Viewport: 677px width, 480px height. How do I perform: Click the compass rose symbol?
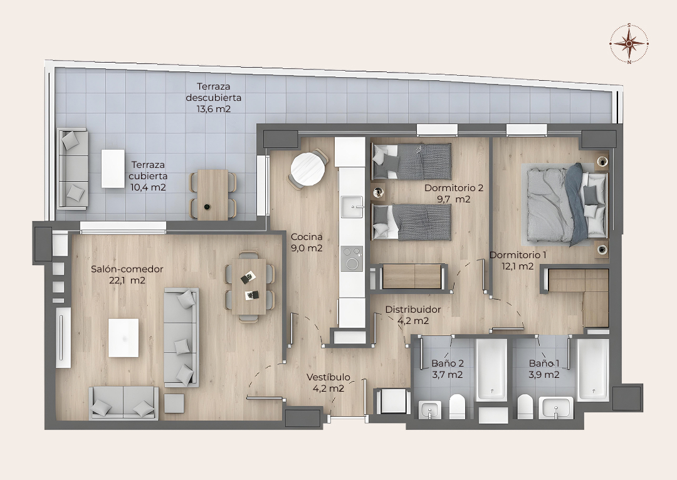pyautogui.click(x=629, y=43)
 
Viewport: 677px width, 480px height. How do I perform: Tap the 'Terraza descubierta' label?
pyautogui.click(x=213, y=92)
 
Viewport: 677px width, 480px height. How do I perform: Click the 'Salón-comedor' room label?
pyautogui.click(x=127, y=269)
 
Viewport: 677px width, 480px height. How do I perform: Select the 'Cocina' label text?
pyautogui.click(x=307, y=236)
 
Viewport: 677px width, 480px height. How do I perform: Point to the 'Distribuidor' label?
pyautogui.click(x=413, y=310)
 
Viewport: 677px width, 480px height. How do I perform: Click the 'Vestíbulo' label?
pyautogui.click(x=328, y=377)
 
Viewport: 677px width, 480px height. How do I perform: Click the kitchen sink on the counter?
pyautogui.click(x=352, y=206)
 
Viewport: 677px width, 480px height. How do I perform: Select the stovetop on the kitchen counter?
pyautogui.click(x=352, y=258)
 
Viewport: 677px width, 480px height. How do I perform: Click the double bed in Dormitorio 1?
pyautogui.click(x=566, y=204)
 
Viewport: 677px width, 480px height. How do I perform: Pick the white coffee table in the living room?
pyautogui.click(x=123, y=338)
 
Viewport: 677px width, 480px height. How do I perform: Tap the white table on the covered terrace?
pyautogui.click(x=113, y=169)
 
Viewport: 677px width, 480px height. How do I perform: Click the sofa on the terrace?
pyautogui.click(x=73, y=169)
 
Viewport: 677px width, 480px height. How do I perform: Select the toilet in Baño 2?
pyautogui.click(x=457, y=407)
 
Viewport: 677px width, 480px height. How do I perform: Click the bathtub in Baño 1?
pyautogui.click(x=593, y=370)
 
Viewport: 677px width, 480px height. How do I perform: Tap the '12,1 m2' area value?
pyautogui.click(x=518, y=266)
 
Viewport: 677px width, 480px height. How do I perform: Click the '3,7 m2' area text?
pyautogui.click(x=448, y=375)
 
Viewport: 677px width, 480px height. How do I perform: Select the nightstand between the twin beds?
pyautogui.click(x=379, y=192)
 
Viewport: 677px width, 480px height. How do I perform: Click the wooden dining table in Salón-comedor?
pyautogui.click(x=249, y=286)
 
